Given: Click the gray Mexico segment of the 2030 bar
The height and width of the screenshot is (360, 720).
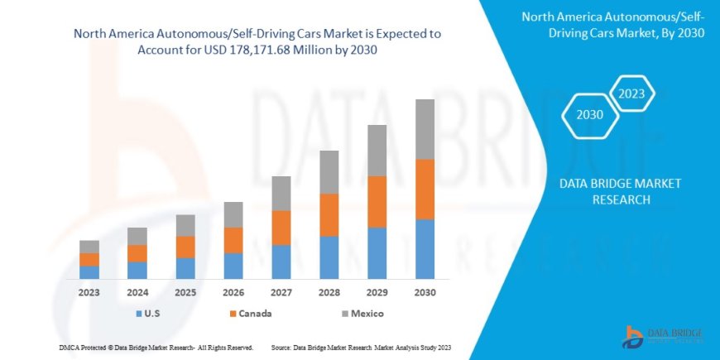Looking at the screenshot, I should [425, 129].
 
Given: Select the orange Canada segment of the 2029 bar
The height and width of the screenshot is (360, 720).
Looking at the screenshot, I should [377, 201].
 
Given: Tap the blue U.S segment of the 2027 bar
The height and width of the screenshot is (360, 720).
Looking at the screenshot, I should [281, 262].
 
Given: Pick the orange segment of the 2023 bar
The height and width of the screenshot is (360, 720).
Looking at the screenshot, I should [89, 259].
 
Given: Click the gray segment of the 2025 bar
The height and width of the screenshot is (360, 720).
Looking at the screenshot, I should [185, 225].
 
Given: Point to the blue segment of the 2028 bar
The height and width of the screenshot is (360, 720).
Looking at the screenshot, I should [329, 257].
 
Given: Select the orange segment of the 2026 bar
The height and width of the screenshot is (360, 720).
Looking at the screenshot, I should [233, 240].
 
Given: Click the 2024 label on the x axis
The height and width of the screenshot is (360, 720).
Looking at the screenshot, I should [137, 292].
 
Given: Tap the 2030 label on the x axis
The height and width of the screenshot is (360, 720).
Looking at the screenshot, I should [425, 292].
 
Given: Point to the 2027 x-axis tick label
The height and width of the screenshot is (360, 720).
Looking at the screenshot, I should [281, 292].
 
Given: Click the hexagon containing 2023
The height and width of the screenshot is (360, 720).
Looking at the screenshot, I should [632, 93].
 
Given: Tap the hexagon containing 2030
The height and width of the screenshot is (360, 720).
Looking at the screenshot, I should [589, 115].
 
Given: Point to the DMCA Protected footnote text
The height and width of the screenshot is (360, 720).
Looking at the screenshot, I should [156, 347].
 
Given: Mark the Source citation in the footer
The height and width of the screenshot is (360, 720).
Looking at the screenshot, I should [360, 347].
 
